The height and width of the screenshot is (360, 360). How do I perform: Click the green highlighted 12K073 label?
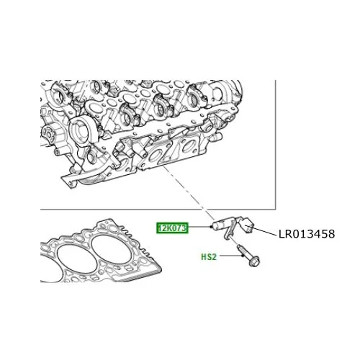(172, 228)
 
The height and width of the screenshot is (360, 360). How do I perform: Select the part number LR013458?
(307, 234)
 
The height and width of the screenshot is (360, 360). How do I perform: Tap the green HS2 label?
(209, 257)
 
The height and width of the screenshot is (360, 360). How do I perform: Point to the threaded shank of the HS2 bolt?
(243, 251)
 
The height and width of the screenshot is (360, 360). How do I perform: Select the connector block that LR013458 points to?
(247, 225)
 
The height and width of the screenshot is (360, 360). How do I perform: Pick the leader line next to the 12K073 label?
(199, 227)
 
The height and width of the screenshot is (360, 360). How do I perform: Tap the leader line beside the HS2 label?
(231, 256)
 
